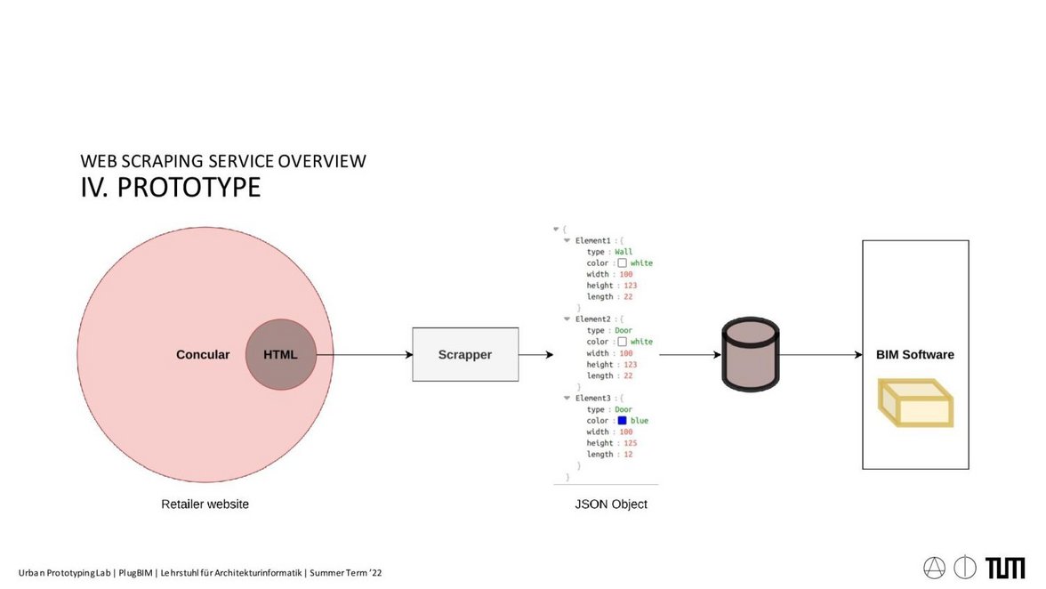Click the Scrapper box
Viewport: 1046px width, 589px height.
[x=465, y=354]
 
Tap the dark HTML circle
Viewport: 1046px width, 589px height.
[x=280, y=354]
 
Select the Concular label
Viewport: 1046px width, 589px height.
[x=203, y=354]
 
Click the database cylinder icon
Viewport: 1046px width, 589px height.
[x=750, y=354]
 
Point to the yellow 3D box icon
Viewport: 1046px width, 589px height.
[x=915, y=403]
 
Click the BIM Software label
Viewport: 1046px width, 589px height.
[x=914, y=354]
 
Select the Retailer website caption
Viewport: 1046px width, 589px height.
[x=205, y=504]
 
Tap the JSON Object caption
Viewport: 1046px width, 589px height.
[x=611, y=504]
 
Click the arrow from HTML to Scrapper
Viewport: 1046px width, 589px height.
[x=365, y=354]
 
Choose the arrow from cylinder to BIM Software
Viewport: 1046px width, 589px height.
[x=820, y=354]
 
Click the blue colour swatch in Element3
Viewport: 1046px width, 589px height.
[x=623, y=420]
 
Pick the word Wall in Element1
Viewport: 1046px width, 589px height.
[x=624, y=252]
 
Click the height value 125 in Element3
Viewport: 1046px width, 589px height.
[x=627, y=443]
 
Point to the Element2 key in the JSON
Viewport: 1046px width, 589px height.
[x=592, y=319]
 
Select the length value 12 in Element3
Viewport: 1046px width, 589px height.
[x=628, y=454]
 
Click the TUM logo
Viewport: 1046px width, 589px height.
[x=1005, y=568]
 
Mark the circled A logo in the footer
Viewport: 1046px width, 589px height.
[x=935, y=568]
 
